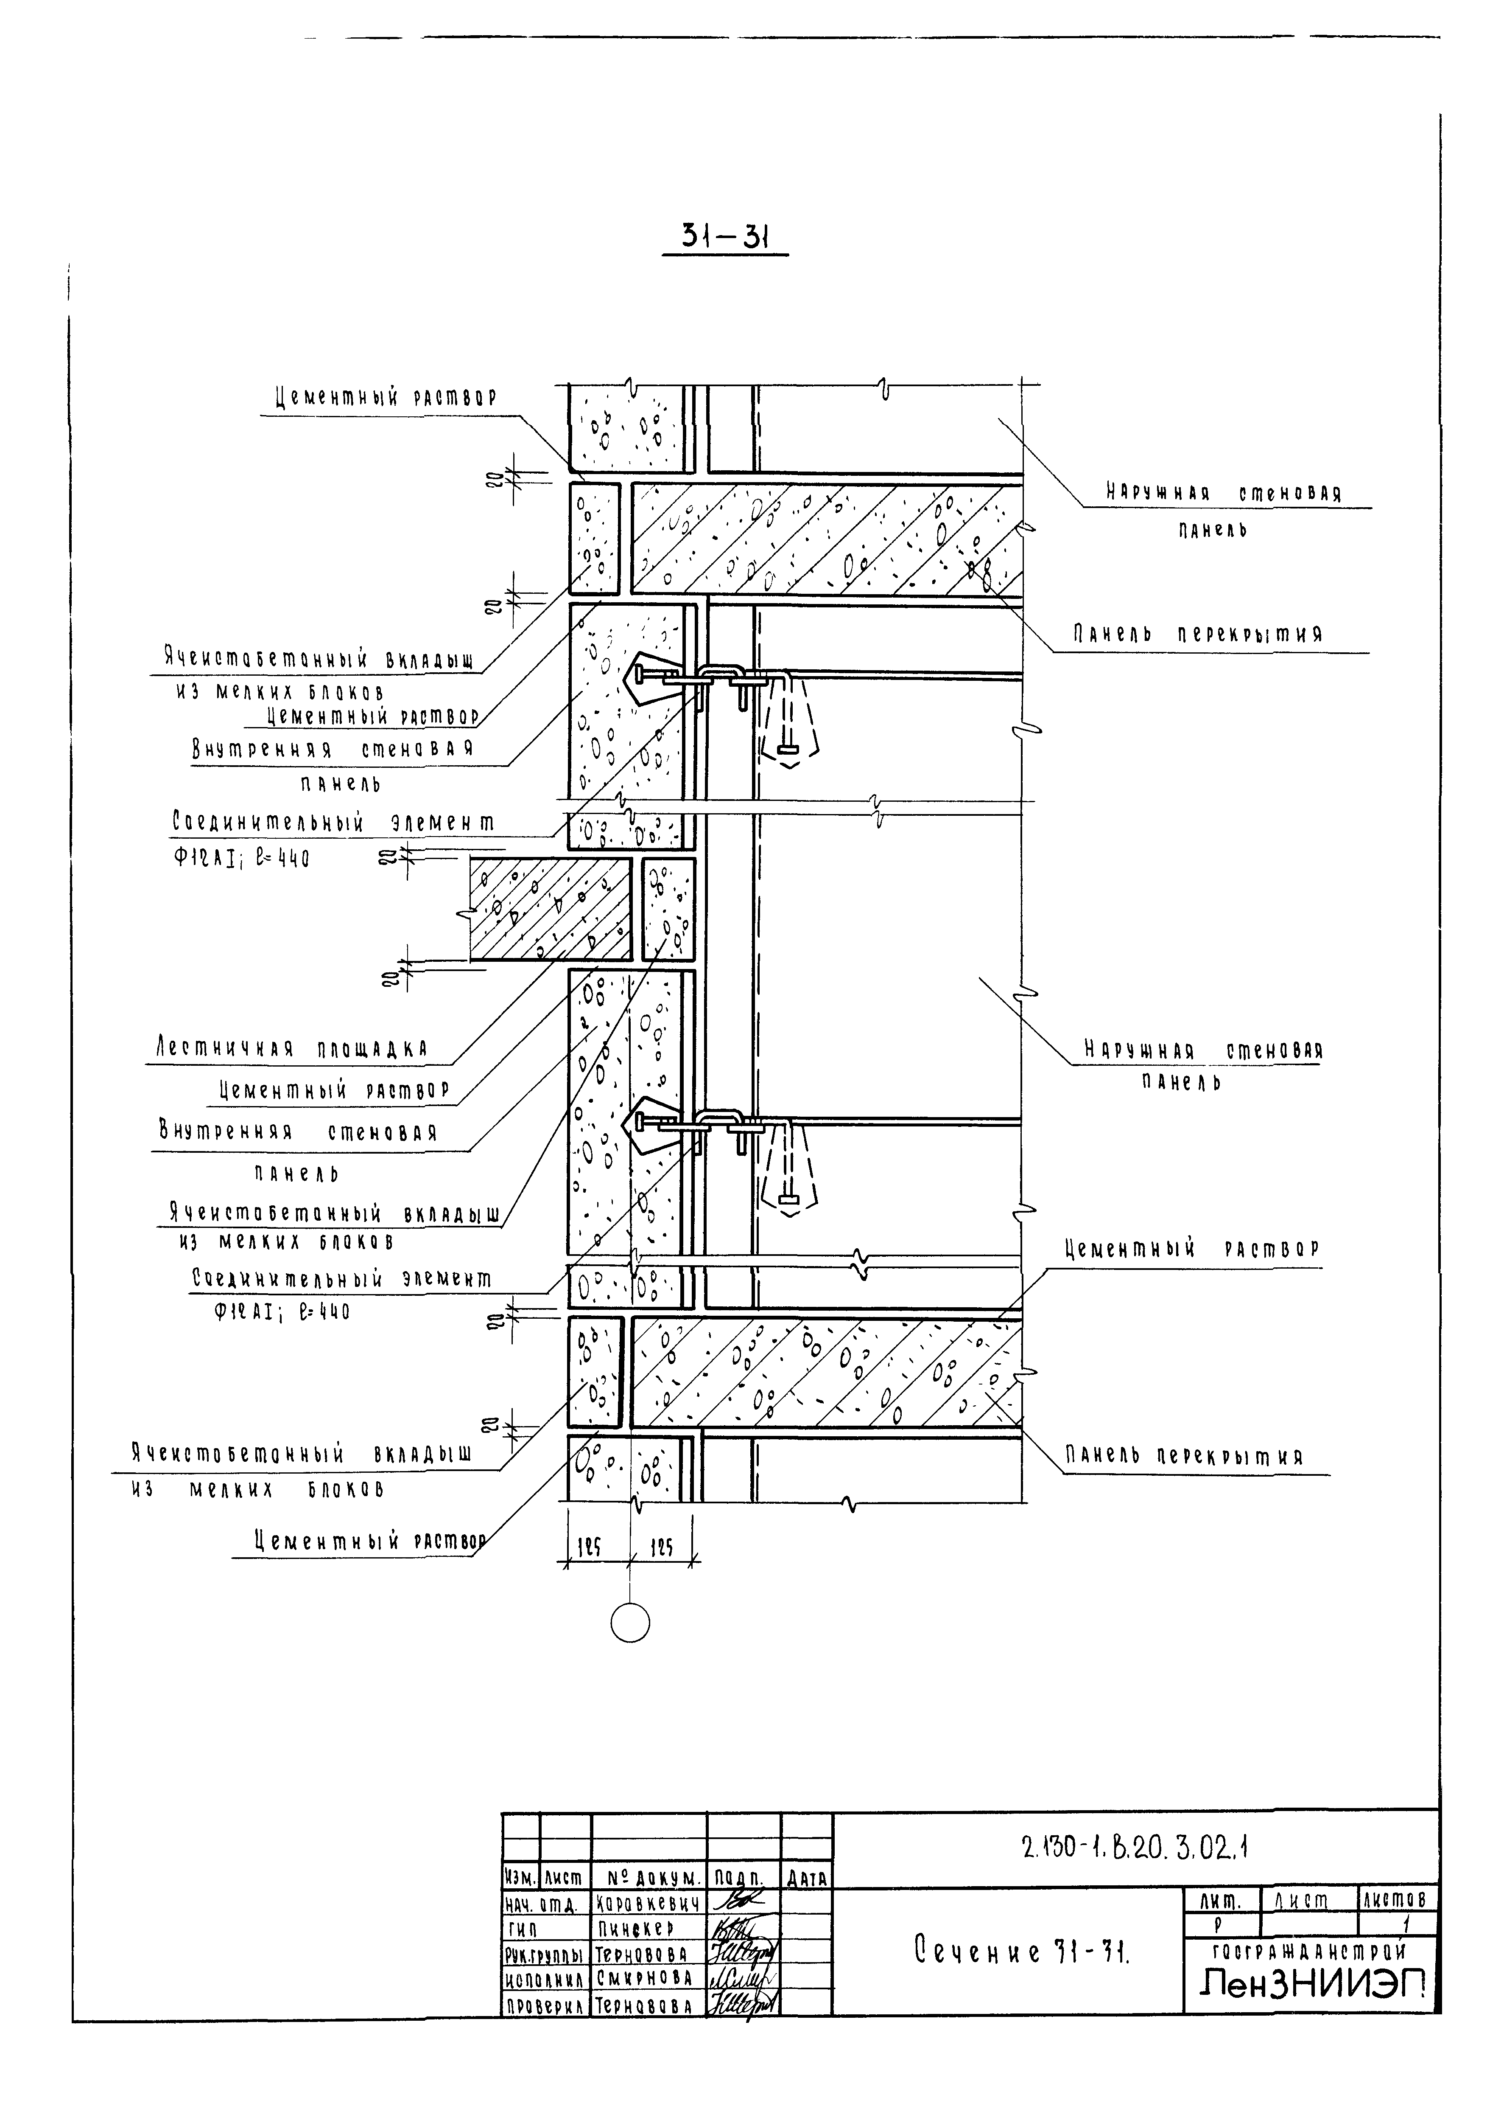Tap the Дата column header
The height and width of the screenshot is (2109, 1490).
806,1879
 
